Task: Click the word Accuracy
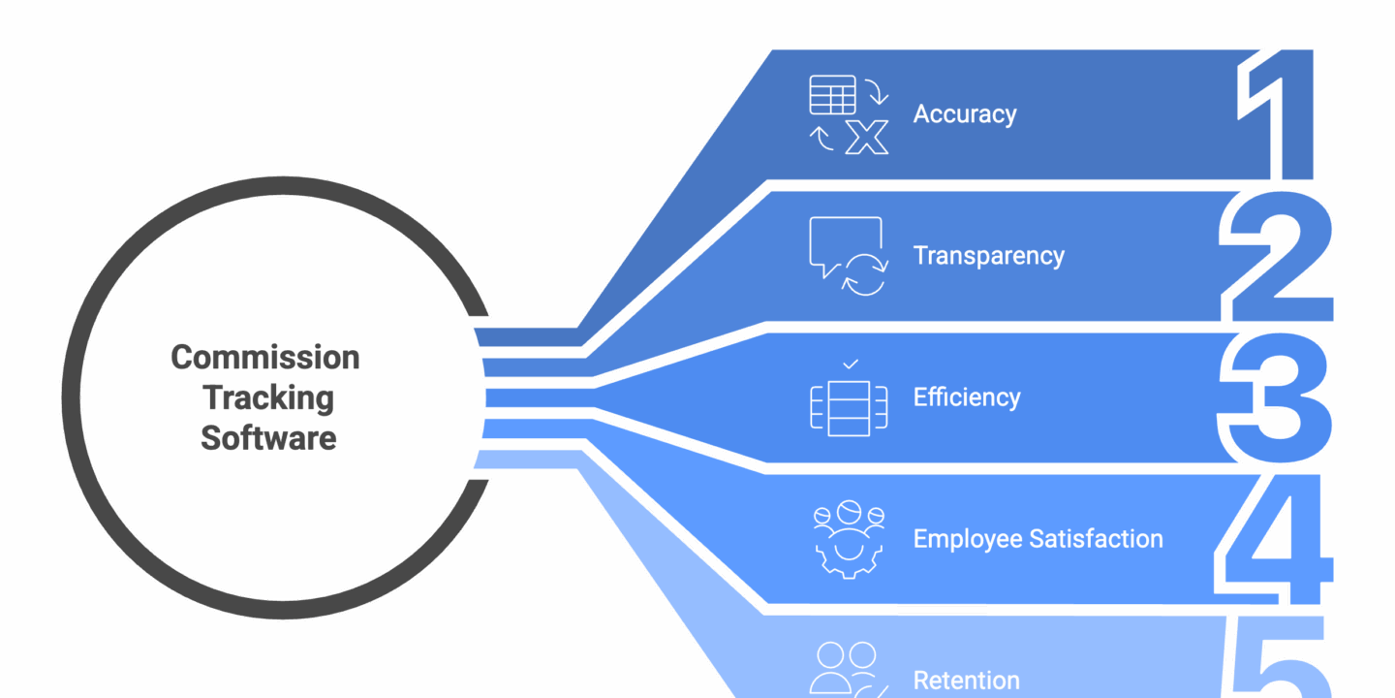[x=965, y=114]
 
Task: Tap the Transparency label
[x=988, y=256]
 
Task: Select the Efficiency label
[x=967, y=397]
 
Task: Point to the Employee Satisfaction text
[x=1038, y=539]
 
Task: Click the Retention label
[x=966, y=681]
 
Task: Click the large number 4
[x=1275, y=539]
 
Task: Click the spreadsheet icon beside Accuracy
[x=832, y=94]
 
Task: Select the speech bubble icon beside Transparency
[x=845, y=246]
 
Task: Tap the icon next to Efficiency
[x=849, y=406]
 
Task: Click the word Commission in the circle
[x=265, y=358]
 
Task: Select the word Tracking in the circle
[x=268, y=397]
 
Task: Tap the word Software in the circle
[x=268, y=437]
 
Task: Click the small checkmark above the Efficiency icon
[x=850, y=365]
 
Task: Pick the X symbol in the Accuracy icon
[x=866, y=137]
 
